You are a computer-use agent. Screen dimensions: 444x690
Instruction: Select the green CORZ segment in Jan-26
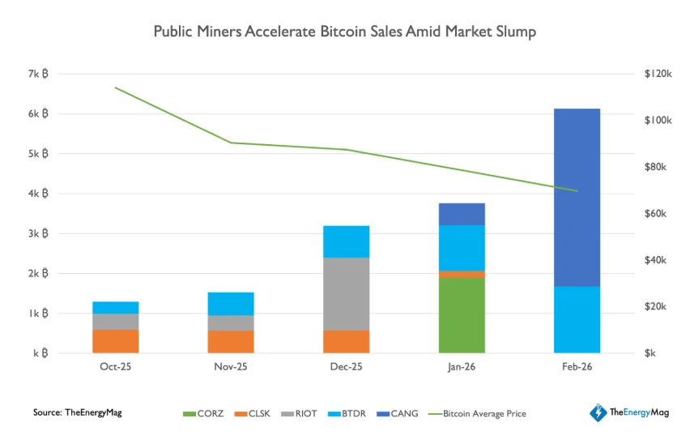(x=462, y=315)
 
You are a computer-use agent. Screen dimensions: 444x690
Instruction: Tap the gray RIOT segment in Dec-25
(x=346, y=293)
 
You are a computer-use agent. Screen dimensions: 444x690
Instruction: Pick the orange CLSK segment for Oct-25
(x=115, y=340)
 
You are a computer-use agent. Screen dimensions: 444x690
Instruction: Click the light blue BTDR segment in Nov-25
(x=231, y=303)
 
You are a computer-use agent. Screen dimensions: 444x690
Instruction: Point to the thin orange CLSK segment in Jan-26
(x=462, y=274)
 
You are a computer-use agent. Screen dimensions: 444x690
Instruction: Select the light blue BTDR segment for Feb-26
(x=577, y=319)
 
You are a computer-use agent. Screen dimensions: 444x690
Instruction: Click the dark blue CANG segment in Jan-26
(x=462, y=214)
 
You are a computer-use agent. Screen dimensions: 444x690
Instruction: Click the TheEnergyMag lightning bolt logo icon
(x=598, y=413)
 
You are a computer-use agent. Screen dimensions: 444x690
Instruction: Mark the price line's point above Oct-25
(x=115, y=88)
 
